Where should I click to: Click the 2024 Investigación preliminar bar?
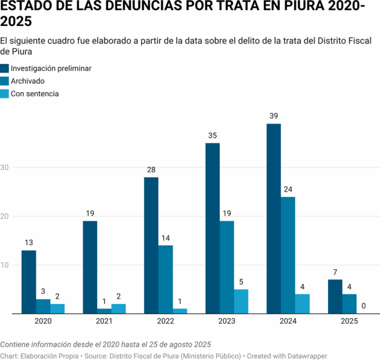click(x=274, y=218)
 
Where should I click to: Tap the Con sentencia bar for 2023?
click(x=241, y=301)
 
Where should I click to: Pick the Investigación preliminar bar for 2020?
click(x=29, y=281)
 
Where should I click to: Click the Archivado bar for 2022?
click(x=165, y=279)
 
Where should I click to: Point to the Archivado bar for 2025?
click(x=350, y=303)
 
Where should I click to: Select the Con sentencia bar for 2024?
click(x=302, y=303)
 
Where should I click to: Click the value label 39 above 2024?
click(x=274, y=116)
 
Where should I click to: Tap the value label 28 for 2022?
click(x=151, y=170)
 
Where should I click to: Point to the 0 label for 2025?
click(x=364, y=306)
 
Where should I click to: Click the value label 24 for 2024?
click(x=288, y=189)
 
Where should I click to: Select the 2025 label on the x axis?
click(x=350, y=322)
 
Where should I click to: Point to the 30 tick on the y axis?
click(x=5, y=167)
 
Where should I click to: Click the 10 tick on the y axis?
click(x=5, y=265)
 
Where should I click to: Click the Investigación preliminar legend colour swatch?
click(x=4, y=68)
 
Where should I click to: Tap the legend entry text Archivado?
click(x=28, y=81)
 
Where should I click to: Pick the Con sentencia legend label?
click(x=35, y=93)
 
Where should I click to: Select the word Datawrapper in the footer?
click(x=306, y=355)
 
